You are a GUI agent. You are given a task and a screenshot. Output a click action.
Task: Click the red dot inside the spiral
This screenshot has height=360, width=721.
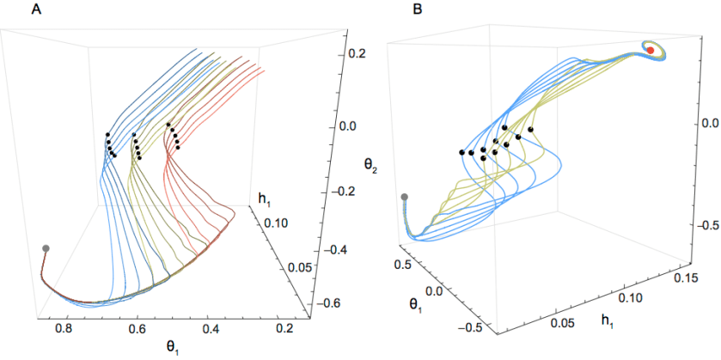[x=651, y=51]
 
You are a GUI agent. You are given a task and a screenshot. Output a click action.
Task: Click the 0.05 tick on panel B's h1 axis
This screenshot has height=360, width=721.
[x=564, y=321]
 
